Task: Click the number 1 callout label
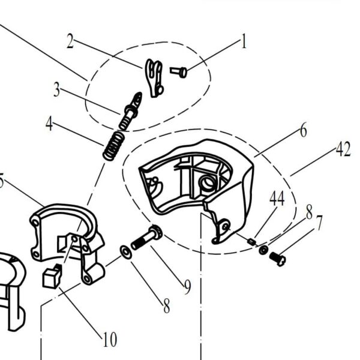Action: [x=244, y=43]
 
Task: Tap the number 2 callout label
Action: [x=70, y=41]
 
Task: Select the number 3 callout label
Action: [x=56, y=90]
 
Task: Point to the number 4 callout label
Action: [x=49, y=125]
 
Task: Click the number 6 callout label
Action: [x=303, y=130]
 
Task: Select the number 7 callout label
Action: [x=319, y=224]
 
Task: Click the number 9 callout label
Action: [x=187, y=288]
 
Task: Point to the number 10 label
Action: [x=109, y=340]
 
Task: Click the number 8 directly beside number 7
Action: [x=308, y=213]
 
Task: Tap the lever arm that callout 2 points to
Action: [x=155, y=77]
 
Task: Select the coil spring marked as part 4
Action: [x=114, y=146]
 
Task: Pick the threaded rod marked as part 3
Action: [x=130, y=112]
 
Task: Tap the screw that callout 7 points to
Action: [x=278, y=259]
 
